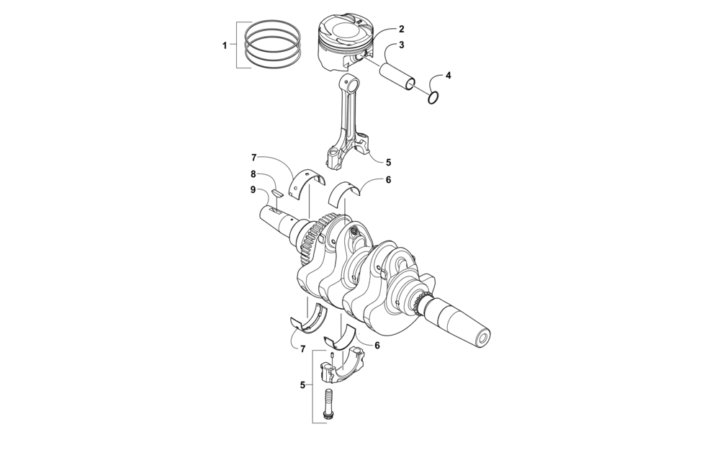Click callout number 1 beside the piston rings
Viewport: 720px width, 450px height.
pos(225,45)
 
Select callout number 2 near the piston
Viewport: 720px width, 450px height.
pos(401,29)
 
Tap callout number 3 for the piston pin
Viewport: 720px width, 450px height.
pos(401,45)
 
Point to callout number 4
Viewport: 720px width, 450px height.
pos(448,76)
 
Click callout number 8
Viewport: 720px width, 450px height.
pos(253,174)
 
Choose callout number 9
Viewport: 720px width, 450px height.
pos(253,189)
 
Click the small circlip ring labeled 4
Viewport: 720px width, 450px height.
pos(433,98)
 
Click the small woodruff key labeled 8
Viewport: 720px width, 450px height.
pos(276,193)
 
